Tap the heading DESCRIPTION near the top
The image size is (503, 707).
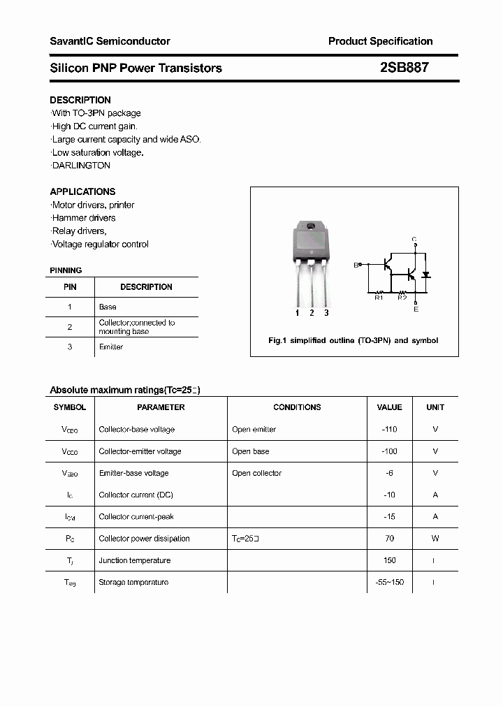pos(80,100)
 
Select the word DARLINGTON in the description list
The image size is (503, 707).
pos(81,166)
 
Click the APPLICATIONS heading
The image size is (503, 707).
pos(82,191)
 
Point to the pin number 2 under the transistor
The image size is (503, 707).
pos(312,313)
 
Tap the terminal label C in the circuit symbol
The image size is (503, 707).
pos(414,240)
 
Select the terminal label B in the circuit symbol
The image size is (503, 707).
pos(356,265)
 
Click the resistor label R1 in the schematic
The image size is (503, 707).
pos(379,298)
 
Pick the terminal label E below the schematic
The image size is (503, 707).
pos(416,309)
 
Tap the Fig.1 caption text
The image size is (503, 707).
pos(353,340)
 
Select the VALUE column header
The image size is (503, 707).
pos(389,407)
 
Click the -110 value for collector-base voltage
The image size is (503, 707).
pos(389,430)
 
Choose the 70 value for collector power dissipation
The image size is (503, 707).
pos(389,539)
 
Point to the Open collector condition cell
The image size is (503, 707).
pos(256,473)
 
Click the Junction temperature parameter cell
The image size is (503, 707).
pos(134,560)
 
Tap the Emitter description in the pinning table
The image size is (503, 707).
pos(111,347)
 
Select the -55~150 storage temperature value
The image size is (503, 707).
pos(389,582)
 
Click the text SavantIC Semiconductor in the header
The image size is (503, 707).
pos(110,41)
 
